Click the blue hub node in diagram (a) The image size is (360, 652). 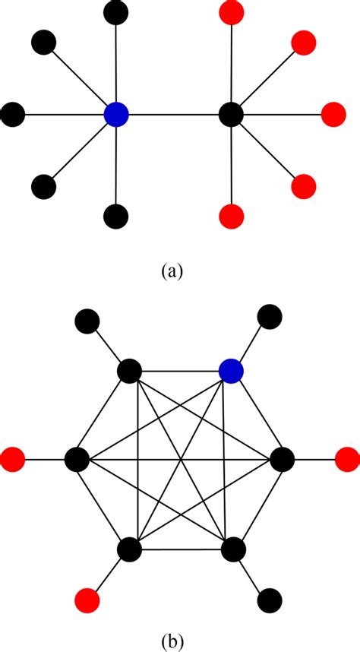[116, 116]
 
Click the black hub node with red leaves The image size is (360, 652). [230, 116]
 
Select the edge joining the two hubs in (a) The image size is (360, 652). [173, 116]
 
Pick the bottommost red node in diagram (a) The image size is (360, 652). [231, 217]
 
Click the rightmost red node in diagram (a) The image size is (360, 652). [333, 116]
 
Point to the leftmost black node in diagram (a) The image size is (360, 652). [13, 116]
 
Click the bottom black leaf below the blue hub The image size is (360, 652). [115, 217]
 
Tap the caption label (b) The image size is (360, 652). [179, 639]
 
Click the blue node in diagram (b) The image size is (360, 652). [231, 372]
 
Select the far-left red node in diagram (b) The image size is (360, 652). [13, 460]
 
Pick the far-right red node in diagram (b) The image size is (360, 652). [347, 460]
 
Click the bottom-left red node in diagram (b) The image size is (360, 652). [87, 600]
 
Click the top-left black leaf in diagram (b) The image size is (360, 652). [87, 321]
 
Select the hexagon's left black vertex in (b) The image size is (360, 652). [76, 460]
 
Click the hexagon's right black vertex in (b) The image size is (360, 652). [282, 460]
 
